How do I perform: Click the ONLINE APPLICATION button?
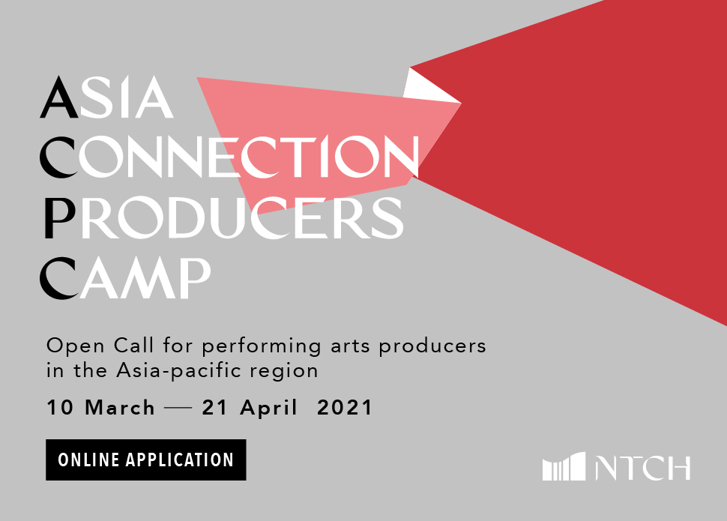[x=146, y=460]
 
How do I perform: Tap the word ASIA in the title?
[x=107, y=97]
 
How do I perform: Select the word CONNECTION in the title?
[x=230, y=157]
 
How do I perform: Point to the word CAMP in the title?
[x=126, y=277]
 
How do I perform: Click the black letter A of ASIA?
[x=59, y=97]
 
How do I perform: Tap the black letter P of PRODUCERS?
[x=60, y=217]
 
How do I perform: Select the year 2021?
[x=345, y=407]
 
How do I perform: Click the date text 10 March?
[x=100, y=407]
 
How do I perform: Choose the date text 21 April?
[x=250, y=407]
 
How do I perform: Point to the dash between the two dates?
[x=178, y=409]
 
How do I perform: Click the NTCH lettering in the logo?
[x=643, y=468]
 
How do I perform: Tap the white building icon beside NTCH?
[x=564, y=467]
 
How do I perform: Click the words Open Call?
[x=100, y=346]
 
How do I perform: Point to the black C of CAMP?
[x=58, y=277]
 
